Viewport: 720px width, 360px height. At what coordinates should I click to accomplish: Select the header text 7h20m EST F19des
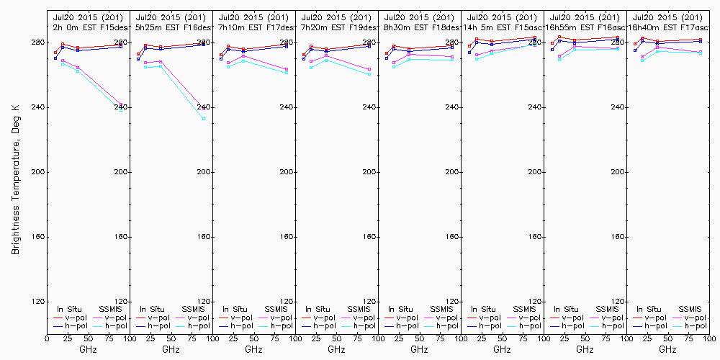click(x=338, y=27)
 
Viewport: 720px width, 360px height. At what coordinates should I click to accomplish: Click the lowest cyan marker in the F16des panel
click(x=204, y=119)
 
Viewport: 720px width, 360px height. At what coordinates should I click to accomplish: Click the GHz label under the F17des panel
click(x=253, y=349)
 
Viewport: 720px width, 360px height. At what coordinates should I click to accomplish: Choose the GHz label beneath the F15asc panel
click(x=502, y=349)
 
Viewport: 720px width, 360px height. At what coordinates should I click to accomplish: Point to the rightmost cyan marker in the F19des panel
click(x=369, y=74)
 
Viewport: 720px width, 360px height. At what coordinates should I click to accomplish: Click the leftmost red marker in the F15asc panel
click(x=469, y=46)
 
